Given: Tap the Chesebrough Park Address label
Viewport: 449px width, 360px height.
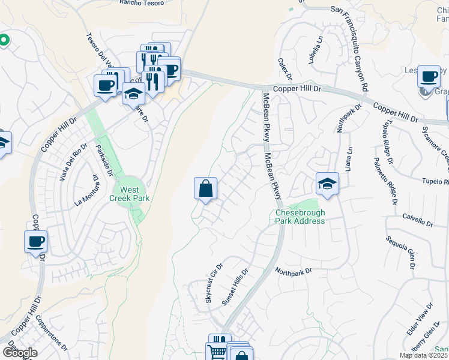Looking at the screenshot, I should (300, 217).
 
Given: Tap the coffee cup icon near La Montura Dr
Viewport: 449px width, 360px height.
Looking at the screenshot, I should (35, 242).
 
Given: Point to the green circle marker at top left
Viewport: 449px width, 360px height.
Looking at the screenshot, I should (3, 41).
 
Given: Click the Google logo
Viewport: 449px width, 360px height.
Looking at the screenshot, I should (19, 353).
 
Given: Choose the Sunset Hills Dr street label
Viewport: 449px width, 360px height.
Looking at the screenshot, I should (235, 287).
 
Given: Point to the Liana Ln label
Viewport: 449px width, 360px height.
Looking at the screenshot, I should (346, 158).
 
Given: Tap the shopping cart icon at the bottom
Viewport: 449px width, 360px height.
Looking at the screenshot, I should (217, 350).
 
